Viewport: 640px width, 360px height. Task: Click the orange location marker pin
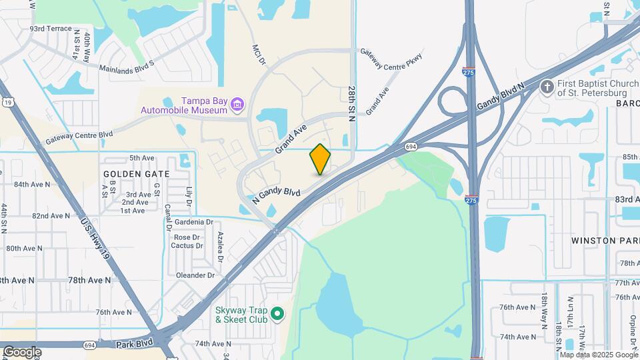point(321,159)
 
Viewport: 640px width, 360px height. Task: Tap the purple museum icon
point(237,104)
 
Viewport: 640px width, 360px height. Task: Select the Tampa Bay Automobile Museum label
point(183,105)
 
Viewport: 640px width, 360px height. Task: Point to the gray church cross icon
point(547,87)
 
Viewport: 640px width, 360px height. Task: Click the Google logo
point(22,351)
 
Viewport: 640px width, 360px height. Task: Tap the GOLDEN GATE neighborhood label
point(137,173)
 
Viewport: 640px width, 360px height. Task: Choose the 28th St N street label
point(352,102)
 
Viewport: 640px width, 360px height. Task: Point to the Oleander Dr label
point(195,275)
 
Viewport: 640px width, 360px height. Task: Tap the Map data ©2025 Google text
point(598,354)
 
